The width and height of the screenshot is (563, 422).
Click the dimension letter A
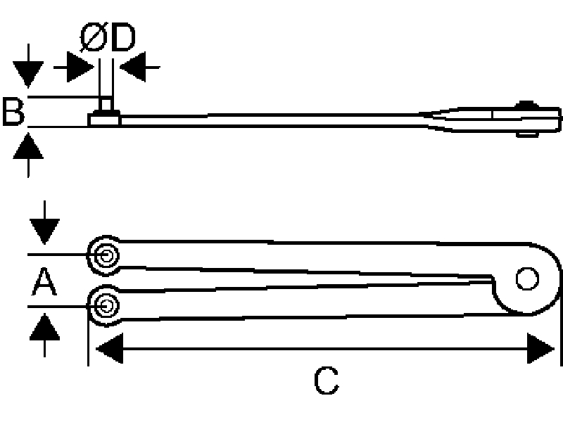[x=44, y=282]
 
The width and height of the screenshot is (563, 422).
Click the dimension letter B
[x=13, y=112]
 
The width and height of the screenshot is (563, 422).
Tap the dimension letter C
[x=326, y=381]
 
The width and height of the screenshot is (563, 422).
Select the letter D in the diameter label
[x=122, y=37]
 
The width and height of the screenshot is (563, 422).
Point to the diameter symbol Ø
[x=94, y=37]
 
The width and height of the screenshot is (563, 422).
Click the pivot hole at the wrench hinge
[x=527, y=279]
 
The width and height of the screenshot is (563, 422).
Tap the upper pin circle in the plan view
[x=105, y=255]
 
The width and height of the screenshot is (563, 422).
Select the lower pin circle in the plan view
[x=105, y=306]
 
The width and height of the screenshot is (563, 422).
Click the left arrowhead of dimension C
[x=110, y=348]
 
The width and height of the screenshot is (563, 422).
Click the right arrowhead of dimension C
[x=540, y=348]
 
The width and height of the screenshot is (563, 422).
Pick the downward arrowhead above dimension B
[x=28, y=74]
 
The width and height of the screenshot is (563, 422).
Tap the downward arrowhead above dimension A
[x=44, y=231]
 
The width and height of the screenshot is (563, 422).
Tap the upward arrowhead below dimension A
[x=44, y=326]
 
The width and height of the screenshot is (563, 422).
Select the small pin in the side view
[x=106, y=104]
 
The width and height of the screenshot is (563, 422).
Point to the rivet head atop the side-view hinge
[x=526, y=104]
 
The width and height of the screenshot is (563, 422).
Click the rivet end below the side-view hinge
[x=527, y=134]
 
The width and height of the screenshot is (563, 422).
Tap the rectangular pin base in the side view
[x=104, y=118]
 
